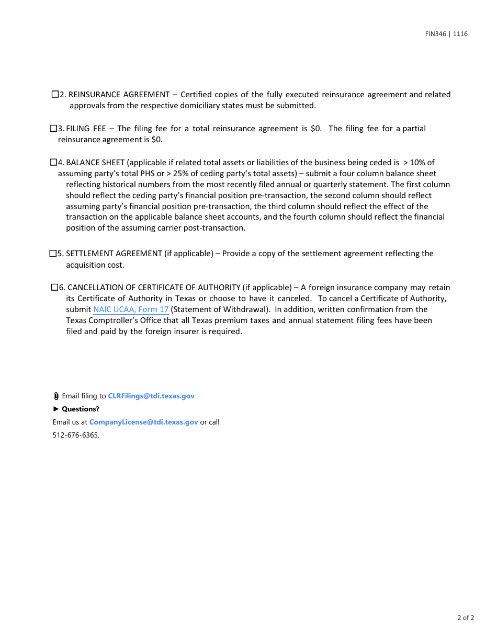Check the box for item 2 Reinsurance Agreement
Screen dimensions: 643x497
coord(55,94)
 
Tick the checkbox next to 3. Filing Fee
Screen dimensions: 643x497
coord(53,128)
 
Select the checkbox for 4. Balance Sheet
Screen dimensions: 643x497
coord(53,162)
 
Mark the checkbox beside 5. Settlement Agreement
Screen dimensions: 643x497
coord(53,253)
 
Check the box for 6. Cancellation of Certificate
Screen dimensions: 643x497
coord(54,287)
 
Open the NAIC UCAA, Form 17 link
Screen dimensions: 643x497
coord(131,309)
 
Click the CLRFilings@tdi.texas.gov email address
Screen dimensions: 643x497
coord(151,396)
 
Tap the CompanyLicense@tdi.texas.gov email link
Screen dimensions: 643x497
coord(143,422)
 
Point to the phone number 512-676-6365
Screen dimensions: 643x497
coord(75,435)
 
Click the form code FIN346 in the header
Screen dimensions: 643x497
coord(435,34)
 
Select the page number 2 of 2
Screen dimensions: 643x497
coord(466,618)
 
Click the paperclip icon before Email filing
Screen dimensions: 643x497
coord(56,396)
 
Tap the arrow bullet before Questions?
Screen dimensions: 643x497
coord(56,409)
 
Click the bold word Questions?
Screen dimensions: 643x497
coord(81,409)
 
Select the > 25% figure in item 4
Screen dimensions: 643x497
coord(176,174)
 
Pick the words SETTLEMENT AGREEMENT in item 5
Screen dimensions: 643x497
coord(114,254)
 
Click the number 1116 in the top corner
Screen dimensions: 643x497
coord(460,34)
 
